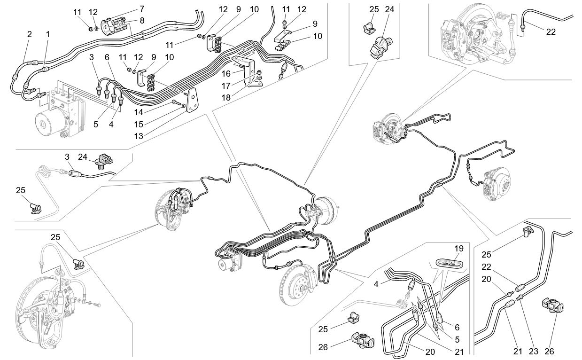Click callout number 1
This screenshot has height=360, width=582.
[x=47, y=34]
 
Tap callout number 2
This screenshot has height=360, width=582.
[x=29, y=34]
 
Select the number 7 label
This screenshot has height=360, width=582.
[x=141, y=8]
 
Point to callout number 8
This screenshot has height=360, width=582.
[x=141, y=20]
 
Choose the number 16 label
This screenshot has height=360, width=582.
[x=226, y=74]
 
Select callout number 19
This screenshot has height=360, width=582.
[x=458, y=248]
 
